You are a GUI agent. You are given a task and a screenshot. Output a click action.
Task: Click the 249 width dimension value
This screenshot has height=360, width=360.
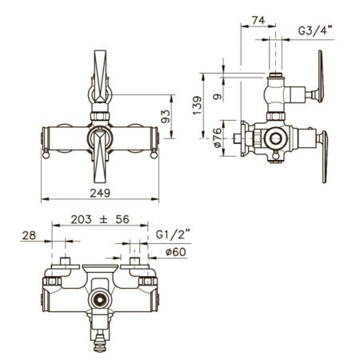(100, 193)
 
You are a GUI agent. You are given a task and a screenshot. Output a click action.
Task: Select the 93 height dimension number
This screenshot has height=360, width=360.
(166, 117)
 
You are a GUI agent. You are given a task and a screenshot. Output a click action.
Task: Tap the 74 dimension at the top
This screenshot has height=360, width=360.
(258, 21)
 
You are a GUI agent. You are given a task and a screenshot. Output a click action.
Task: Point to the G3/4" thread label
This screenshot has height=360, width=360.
(315, 30)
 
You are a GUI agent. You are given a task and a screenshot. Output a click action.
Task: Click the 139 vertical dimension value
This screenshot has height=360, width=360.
(198, 106)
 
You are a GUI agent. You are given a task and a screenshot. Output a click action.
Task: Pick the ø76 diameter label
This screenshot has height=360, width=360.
(218, 138)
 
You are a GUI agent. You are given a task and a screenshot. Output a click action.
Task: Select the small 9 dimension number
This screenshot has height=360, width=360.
(218, 97)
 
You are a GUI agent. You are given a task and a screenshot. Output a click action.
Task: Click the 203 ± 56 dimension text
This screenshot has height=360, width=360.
(100, 219)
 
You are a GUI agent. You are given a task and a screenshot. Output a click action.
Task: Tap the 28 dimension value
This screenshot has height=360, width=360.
(29, 235)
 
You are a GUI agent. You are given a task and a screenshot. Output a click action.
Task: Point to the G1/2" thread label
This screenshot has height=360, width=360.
(173, 234)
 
